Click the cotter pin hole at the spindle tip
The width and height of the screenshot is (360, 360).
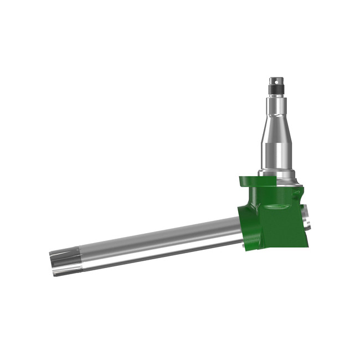(276, 80)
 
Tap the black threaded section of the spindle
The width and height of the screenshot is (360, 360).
(276, 89)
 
